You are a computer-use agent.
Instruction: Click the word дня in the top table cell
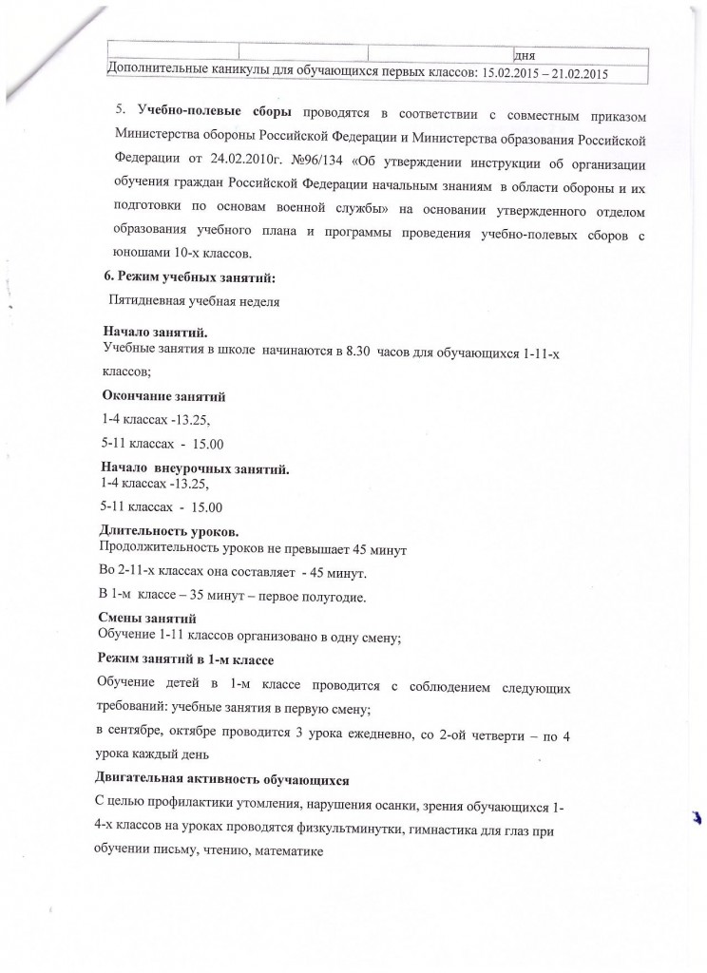pos(524,53)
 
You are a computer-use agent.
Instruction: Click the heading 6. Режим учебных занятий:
pos(189,277)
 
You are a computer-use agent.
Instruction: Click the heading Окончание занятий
pos(162,396)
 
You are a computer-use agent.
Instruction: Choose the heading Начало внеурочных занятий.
pos(195,468)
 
